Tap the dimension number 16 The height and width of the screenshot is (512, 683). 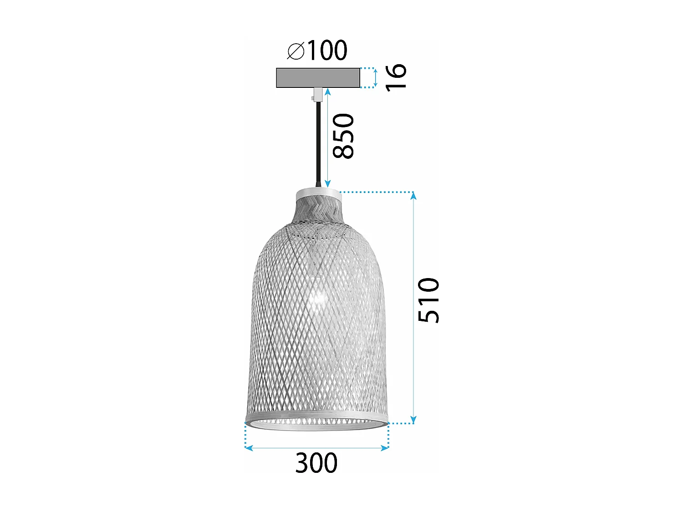396,77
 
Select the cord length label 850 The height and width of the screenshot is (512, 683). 343,136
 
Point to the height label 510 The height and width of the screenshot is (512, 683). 429,300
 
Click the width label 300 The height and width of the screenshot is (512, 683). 316,463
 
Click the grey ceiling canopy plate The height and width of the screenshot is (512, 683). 318,78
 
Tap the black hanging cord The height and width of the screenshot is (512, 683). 317,141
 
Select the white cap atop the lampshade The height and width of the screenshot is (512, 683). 318,194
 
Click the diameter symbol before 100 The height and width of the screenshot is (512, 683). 296,51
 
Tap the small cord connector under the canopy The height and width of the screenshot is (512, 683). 317,94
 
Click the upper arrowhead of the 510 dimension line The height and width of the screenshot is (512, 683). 413,196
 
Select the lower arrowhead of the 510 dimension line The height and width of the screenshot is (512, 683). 413,420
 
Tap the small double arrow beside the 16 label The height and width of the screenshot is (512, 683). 376,78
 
